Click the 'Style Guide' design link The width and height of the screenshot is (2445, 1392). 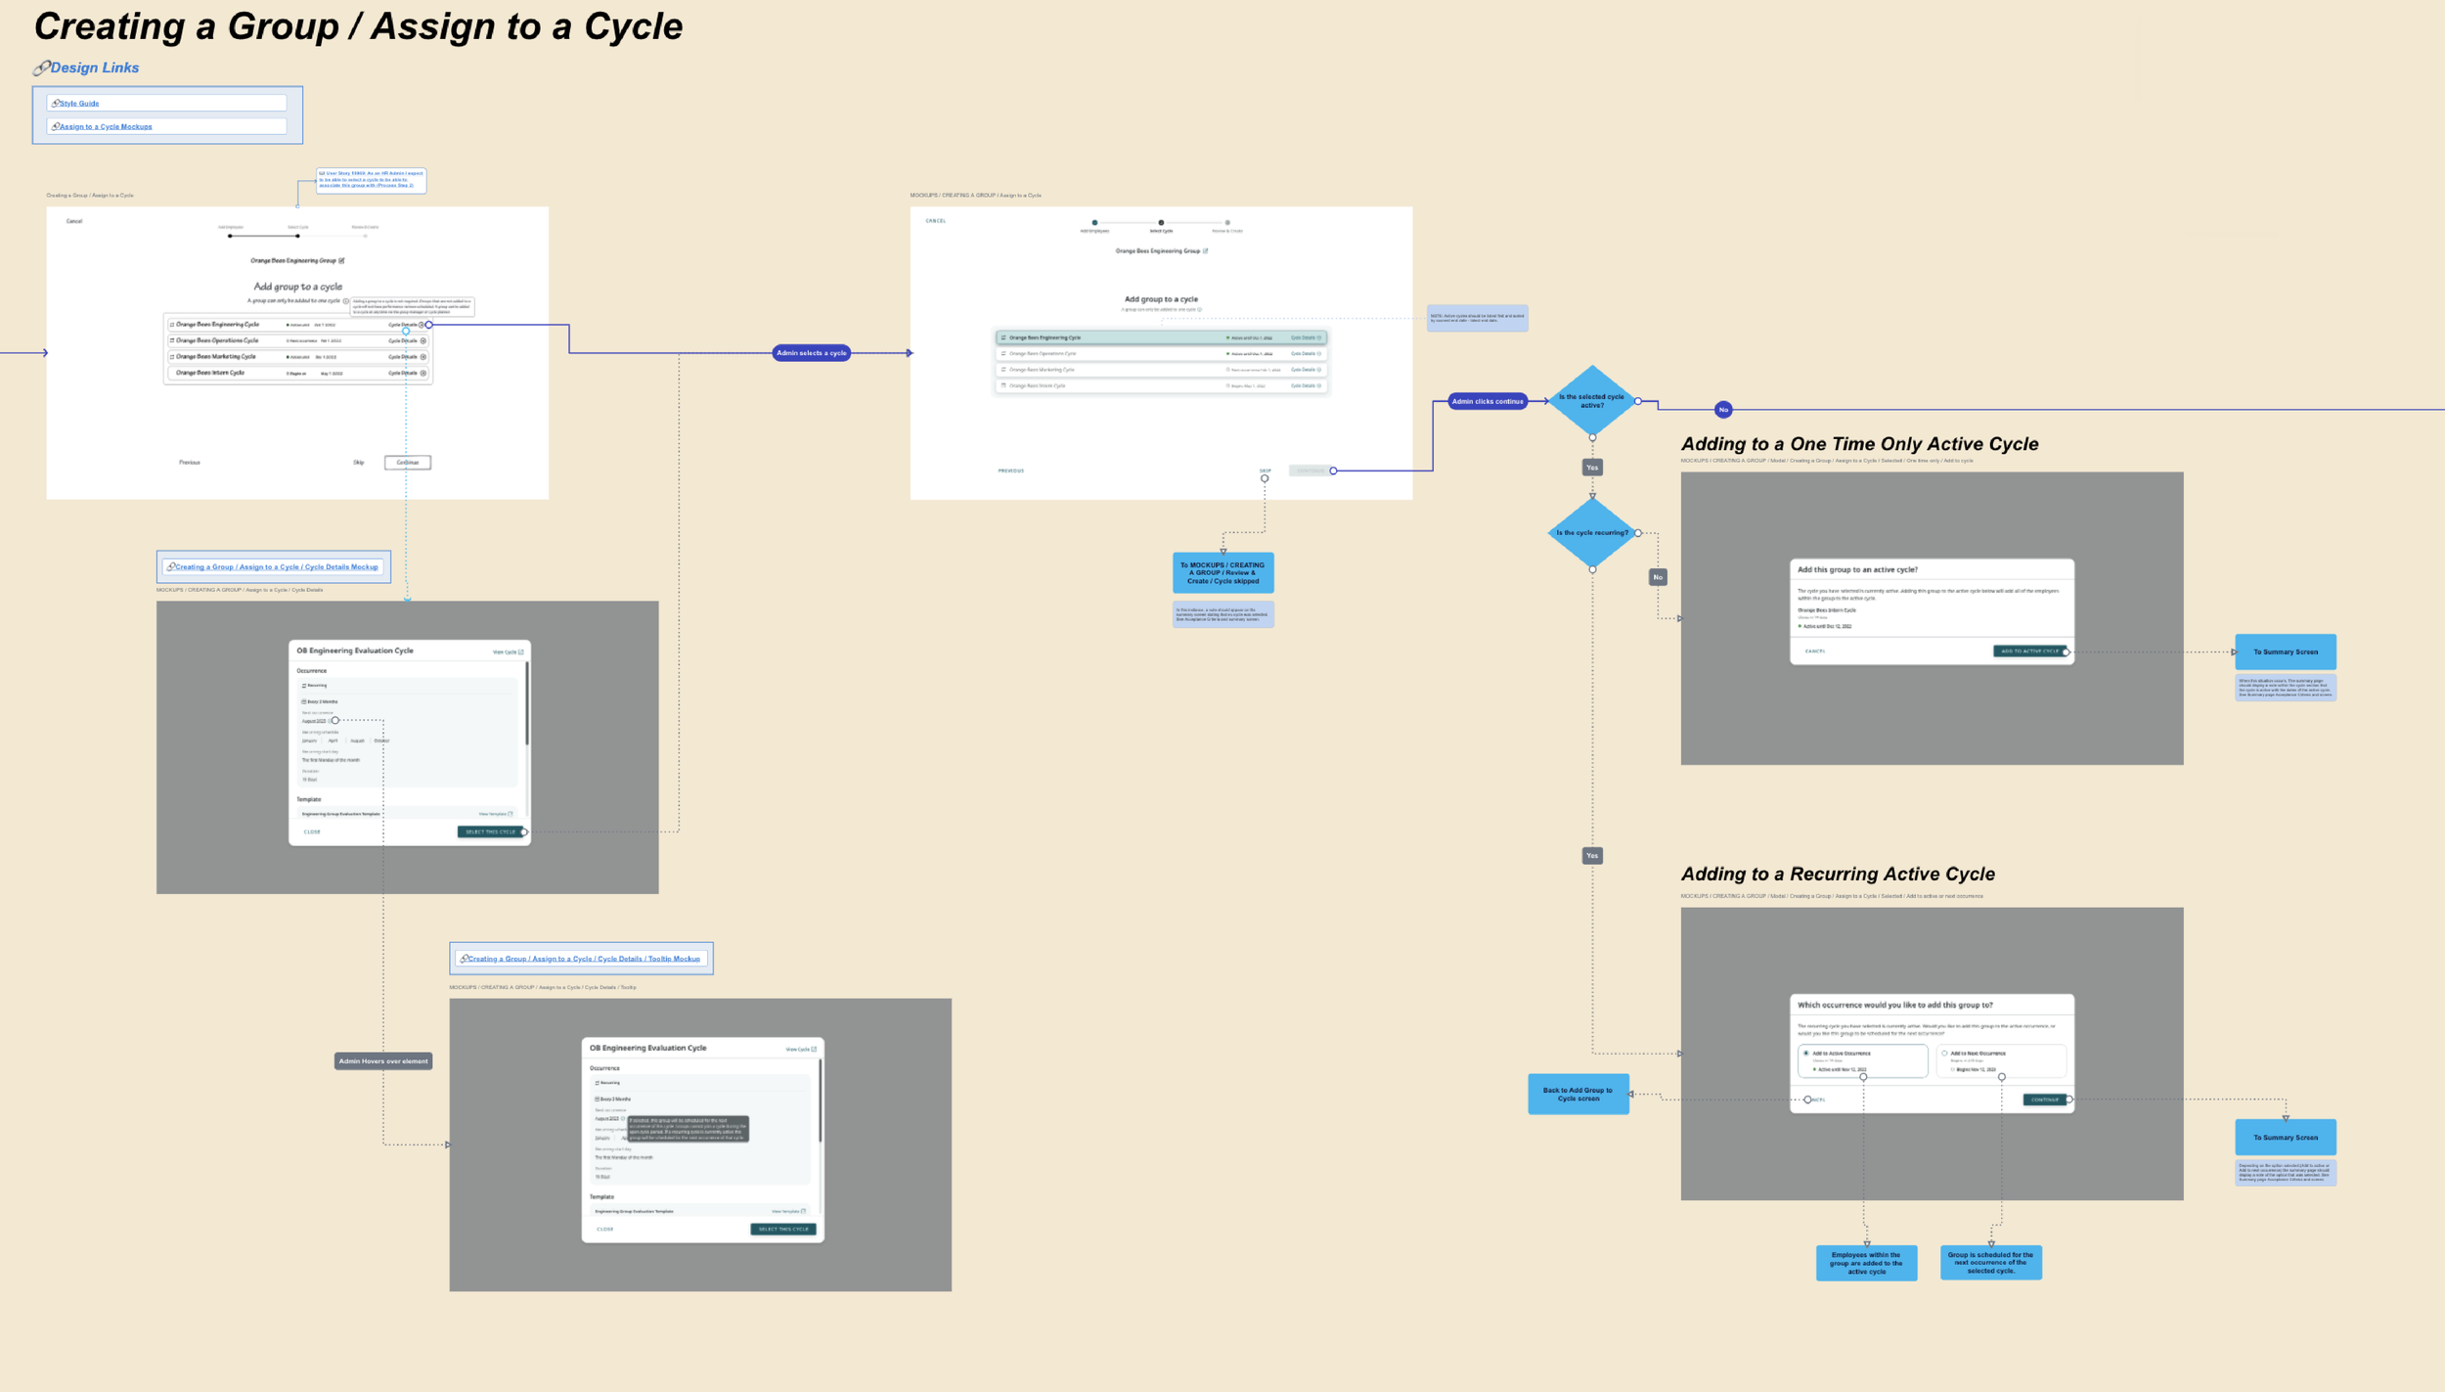(79, 103)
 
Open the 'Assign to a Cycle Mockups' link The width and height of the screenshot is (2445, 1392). (106, 126)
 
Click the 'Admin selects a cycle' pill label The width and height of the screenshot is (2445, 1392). (811, 353)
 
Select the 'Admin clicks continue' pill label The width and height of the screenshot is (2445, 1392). (1487, 401)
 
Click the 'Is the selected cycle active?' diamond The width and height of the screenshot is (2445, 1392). (1591, 401)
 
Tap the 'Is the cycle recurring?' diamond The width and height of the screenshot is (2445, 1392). (1591, 533)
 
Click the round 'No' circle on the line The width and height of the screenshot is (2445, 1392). (1723, 410)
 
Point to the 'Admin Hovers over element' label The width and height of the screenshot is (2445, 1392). (382, 1061)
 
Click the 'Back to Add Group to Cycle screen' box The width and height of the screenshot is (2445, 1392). (1578, 1094)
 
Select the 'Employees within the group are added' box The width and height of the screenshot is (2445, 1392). (1866, 1263)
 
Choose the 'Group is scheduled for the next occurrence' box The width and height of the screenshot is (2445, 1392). (1990, 1262)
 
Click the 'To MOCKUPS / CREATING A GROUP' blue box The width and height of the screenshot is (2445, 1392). (1222, 573)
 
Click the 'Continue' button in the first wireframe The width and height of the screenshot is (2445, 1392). (407, 463)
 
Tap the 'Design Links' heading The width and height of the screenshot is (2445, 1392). (94, 67)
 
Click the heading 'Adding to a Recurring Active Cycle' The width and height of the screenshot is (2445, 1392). (1837, 875)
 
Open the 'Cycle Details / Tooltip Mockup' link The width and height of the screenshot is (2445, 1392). (584, 959)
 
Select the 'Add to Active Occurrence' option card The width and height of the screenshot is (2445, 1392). (1862, 1060)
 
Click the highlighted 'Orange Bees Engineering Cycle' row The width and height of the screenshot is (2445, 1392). (1160, 337)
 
